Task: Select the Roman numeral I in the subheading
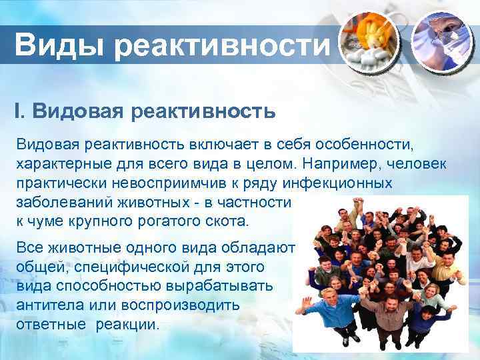(19, 110)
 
